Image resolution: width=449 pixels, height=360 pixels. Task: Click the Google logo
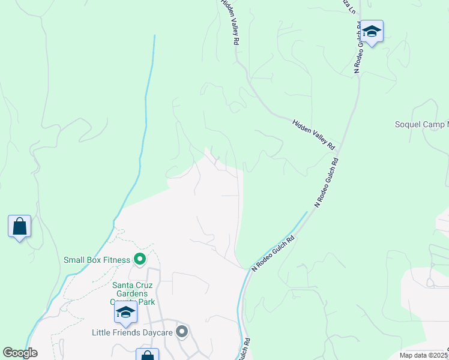20,353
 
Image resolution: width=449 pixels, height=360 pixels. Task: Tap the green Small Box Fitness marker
140,259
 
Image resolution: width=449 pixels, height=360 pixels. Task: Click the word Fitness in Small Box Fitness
115,260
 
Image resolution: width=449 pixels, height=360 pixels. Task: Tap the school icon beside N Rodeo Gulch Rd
372,31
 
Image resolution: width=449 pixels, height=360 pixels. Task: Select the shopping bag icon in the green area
20,227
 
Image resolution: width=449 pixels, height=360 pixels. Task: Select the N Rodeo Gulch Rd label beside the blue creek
273,253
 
